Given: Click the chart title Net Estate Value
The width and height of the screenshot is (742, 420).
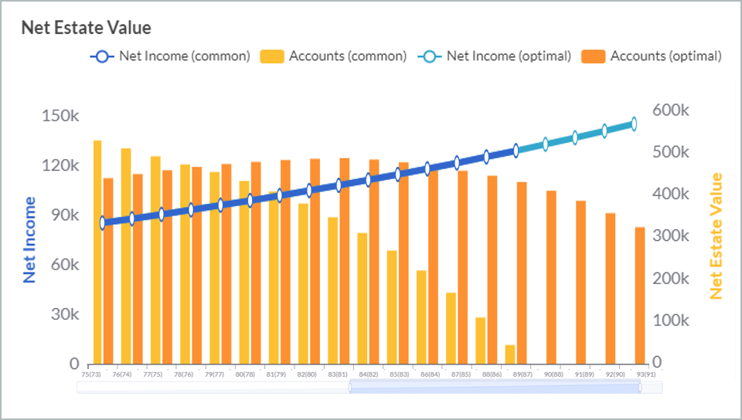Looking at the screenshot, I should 86,28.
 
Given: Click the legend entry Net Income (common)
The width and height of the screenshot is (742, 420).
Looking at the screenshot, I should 171,56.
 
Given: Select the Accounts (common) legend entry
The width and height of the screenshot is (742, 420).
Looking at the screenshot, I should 333,56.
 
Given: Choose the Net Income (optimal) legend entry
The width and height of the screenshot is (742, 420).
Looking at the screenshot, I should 495,56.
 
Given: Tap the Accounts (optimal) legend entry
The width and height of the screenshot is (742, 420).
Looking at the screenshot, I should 654,56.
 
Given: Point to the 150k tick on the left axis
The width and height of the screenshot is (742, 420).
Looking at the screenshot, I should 60,116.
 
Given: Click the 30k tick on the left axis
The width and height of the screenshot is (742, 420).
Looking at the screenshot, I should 64,314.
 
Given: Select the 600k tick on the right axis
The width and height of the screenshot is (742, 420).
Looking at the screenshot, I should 670,110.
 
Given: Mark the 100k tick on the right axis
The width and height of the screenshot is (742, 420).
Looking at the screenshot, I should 670,320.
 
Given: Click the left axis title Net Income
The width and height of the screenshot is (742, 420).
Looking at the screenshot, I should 30,239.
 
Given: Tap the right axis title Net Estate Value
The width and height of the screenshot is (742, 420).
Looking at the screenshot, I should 716,235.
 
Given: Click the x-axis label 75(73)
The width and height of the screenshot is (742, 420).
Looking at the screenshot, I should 91,374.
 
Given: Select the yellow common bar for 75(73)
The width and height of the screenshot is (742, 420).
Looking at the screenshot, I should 98,252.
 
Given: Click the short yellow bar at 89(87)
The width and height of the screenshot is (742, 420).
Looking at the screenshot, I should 510,354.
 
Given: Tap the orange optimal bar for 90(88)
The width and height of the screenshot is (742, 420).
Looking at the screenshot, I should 551,277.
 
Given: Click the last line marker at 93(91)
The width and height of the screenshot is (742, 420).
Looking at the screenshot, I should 634,124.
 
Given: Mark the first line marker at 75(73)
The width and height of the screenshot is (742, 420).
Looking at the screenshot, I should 103,223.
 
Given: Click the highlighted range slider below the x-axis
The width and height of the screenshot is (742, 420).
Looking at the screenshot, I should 495,387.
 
